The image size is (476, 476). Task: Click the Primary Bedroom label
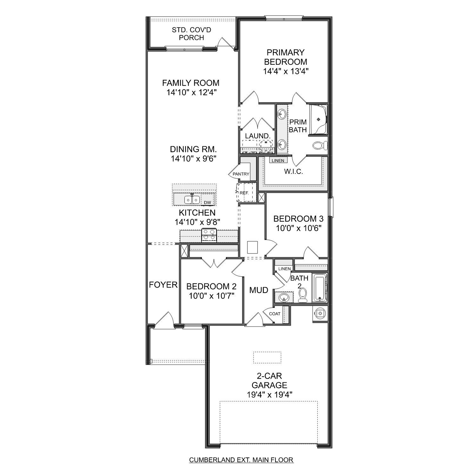tap(286, 57)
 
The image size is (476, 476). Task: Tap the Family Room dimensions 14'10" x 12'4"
tap(191, 92)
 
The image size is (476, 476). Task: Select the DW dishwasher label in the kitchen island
tap(207, 202)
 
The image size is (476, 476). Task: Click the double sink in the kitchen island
tap(192, 200)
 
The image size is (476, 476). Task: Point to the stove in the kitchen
tap(209, 235)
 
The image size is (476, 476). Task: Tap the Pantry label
tap(241, 174)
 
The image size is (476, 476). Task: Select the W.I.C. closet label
tap(293, 172)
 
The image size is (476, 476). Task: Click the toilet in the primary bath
tap(320, 146)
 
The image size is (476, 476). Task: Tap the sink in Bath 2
tap(283, 297)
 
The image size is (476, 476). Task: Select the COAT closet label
tap(274, 314)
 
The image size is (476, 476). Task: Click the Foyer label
tap(163, 285)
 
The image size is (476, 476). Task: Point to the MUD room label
tap(259, 290)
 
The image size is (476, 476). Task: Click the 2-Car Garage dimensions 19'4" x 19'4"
tap(269, 394)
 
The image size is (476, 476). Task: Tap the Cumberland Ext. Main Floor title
tap(241, 460)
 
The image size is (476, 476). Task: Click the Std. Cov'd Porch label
tap(191, 34)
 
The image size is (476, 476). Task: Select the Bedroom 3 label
tap(298, 219)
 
